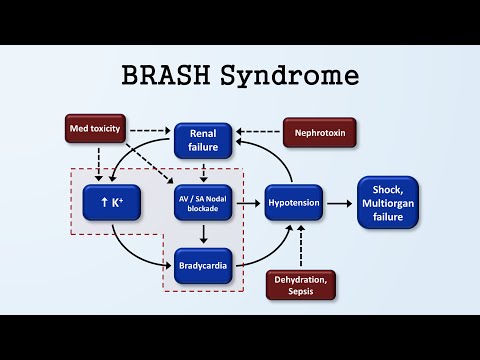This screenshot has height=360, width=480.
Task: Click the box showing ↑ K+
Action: pyautogui.click(x=111, y=203)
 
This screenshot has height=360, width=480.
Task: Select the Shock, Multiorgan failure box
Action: pyautogui.click(x=388, y=202)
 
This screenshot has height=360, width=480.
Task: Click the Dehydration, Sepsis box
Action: pyautogui.click(x=299, y=284)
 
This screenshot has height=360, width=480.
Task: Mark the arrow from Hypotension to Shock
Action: pyautogui.click(x=343, y=203)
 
